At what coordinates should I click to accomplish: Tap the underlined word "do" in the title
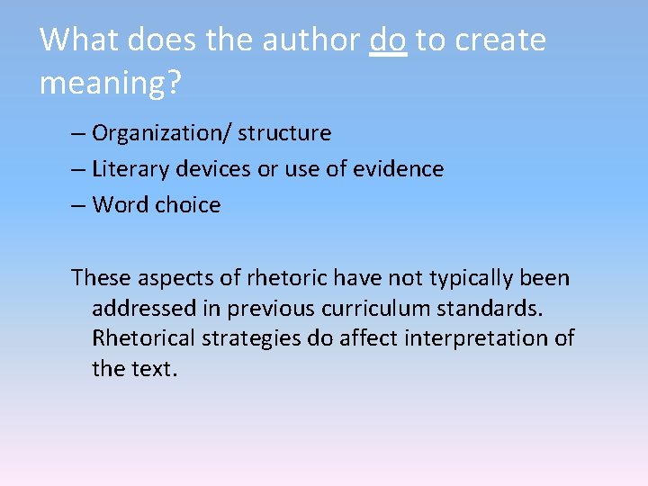(388, 40)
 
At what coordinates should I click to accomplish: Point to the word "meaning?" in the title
(111, 83)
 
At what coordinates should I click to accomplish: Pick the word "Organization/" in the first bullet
(162, 133)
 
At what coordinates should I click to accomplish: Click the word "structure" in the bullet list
(284, 133)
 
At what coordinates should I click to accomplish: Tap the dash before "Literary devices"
(78, 169)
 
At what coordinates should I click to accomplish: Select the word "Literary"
(127, 169)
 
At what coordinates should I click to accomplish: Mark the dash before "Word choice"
(78, 205)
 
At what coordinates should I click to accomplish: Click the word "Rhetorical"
(143, 338)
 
